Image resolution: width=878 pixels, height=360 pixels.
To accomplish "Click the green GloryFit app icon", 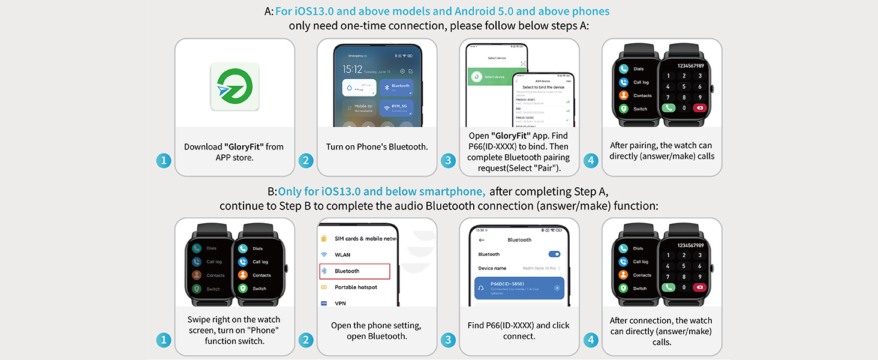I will point(234,86).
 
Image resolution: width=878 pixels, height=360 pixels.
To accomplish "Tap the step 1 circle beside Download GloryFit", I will point(164,161).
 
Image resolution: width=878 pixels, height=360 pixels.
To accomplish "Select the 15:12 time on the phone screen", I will point(353,70).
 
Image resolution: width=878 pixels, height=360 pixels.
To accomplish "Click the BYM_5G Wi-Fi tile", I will point(396,109).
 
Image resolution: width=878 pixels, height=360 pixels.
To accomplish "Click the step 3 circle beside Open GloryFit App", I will point(448,161).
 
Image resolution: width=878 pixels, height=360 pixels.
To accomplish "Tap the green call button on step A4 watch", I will point(668,108).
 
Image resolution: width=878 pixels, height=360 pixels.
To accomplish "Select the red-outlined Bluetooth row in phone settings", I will point(354,271).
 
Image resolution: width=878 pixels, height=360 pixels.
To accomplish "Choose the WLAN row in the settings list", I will point(342,255).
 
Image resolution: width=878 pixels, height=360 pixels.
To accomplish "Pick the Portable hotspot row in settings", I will point(355,287).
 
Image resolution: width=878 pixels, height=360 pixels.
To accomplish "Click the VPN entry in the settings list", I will point(340,304).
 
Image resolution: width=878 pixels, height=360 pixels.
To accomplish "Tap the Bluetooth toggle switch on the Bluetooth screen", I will point(554,254).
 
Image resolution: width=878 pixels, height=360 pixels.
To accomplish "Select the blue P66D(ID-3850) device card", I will point(519,289).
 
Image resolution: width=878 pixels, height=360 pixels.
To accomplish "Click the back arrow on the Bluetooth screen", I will point(481,240).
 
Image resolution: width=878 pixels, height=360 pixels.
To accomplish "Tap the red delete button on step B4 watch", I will point(699,287).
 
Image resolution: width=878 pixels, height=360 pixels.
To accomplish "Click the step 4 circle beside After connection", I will point(591,340).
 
